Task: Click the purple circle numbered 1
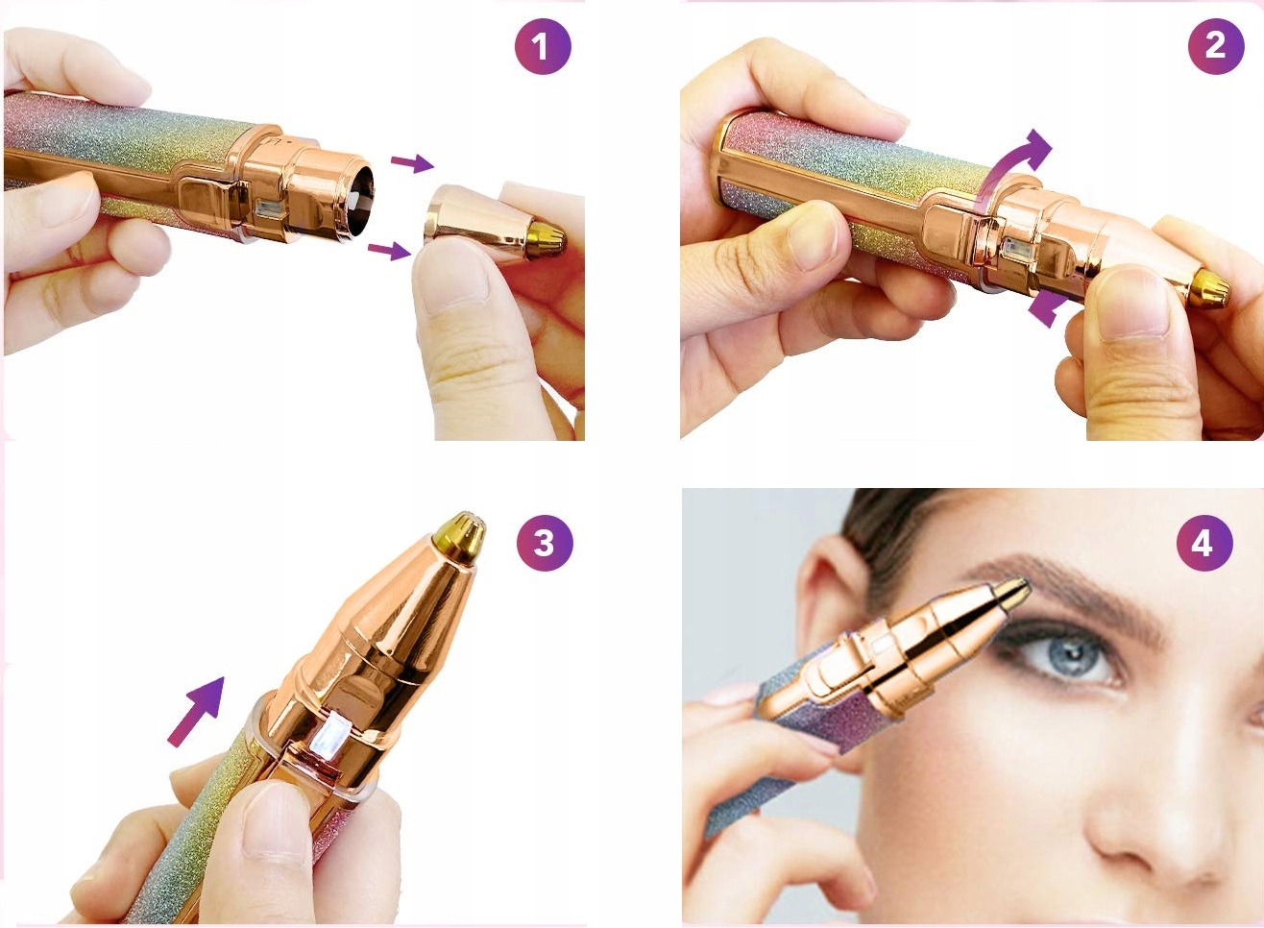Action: [543, 46]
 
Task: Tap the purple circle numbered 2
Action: [1216, 46]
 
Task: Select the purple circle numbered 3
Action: [546, 543]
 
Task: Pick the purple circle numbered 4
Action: [1204, 543]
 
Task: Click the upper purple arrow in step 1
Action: [412, 162]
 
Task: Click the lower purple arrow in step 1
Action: [389, 250]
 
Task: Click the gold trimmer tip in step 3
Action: [461, 537]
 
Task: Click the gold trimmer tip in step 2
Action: [1210, 288]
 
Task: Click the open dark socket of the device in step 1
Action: [360, 201]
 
